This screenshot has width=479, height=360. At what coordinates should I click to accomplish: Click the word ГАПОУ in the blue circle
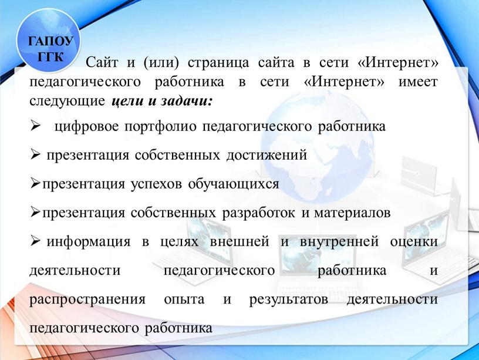point(50,41)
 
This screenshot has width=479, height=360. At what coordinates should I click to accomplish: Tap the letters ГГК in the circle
point(50,56)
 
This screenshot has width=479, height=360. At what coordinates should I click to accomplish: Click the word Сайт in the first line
point(102,62)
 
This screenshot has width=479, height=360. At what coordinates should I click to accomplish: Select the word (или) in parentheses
point(161,63)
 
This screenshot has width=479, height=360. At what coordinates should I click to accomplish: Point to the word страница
point(218,63)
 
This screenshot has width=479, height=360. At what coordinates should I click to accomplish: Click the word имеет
point(418,82)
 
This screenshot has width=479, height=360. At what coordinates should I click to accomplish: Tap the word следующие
point(67,101)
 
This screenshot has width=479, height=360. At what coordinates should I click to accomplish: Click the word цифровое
point(86,127)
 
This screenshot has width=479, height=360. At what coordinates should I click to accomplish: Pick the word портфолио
point(160,127)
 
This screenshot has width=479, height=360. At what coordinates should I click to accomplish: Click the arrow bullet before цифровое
point(35,125)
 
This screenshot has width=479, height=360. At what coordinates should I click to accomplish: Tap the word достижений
point(267,155)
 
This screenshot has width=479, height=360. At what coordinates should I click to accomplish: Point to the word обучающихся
point(234,184)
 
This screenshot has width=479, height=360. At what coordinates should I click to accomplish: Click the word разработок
point(258,213)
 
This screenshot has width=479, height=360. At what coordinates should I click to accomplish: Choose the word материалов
point(352,213)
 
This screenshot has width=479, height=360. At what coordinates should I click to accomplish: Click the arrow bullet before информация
point(35,241)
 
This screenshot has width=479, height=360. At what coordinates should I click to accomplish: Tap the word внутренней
point(339,242)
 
